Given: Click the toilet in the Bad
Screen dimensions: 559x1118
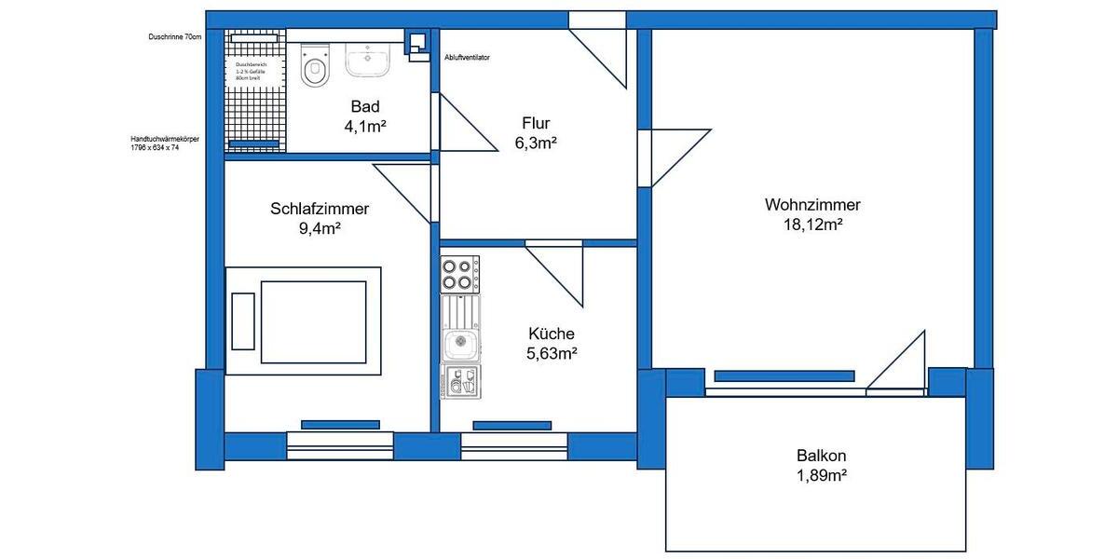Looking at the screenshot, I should (315, 65).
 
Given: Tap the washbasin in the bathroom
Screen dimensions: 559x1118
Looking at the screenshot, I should (370, 59).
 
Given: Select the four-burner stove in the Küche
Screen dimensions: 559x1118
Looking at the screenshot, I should (459, 275).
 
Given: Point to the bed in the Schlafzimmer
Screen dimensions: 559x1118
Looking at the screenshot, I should (304, 320).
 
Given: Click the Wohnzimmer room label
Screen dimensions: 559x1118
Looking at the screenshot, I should (812, 205).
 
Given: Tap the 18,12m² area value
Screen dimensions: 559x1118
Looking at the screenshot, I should (812, 225).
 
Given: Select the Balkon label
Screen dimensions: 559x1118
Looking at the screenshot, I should (821, 457).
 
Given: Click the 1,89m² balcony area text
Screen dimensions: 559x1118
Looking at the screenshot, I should (821, 475).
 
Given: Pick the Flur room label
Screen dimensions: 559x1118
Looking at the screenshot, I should (536, 123).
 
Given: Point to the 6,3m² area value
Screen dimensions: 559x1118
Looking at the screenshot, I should (536, 143).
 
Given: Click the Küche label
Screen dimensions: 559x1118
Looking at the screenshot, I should (552, 334).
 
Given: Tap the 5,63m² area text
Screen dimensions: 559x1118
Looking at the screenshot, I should (552, 353).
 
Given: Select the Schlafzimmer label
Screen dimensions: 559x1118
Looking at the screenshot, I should (320, 209).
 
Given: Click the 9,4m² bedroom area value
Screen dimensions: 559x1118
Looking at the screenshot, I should (320, 228).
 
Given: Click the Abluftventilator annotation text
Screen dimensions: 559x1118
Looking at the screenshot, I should (468, 57).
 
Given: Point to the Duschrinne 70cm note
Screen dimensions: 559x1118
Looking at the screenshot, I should (174, 37).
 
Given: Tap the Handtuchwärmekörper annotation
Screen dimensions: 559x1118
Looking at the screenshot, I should (165, 143).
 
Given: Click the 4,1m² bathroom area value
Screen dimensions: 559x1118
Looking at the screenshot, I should (365, 127).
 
